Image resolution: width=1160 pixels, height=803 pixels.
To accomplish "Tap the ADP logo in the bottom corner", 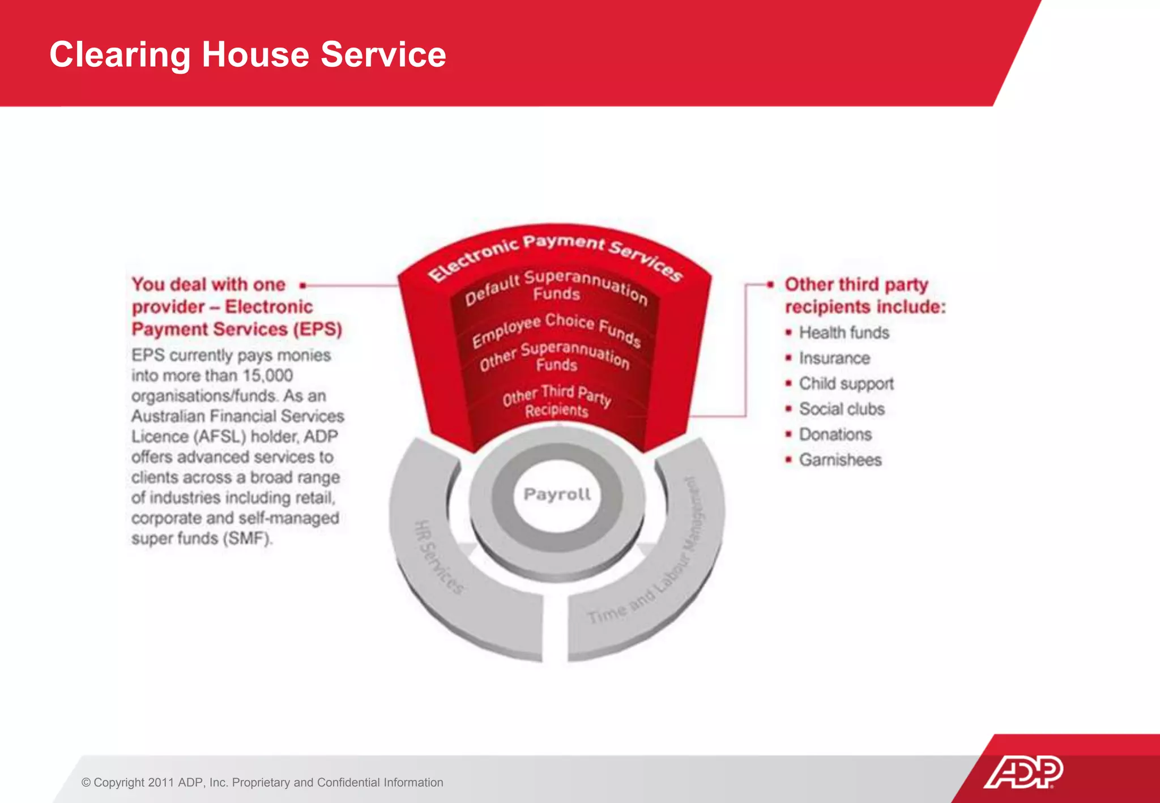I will coord(1023,771).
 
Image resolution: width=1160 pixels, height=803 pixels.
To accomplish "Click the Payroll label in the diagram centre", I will coord(557,494).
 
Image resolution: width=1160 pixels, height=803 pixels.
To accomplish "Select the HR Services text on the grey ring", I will coord(439,557).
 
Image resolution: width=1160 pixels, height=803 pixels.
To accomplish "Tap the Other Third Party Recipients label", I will coord(556,401).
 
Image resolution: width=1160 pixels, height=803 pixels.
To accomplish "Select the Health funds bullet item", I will coord(843,332).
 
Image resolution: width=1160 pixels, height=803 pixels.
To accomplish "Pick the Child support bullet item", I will coord(846,383).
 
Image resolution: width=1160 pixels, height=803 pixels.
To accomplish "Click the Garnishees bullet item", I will coord(840,460).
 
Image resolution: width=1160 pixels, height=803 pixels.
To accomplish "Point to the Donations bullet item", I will coord(835,434).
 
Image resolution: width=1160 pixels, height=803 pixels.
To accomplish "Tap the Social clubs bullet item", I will coord(841,409).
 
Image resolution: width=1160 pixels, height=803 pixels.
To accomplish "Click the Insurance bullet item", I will coord(834,358).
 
